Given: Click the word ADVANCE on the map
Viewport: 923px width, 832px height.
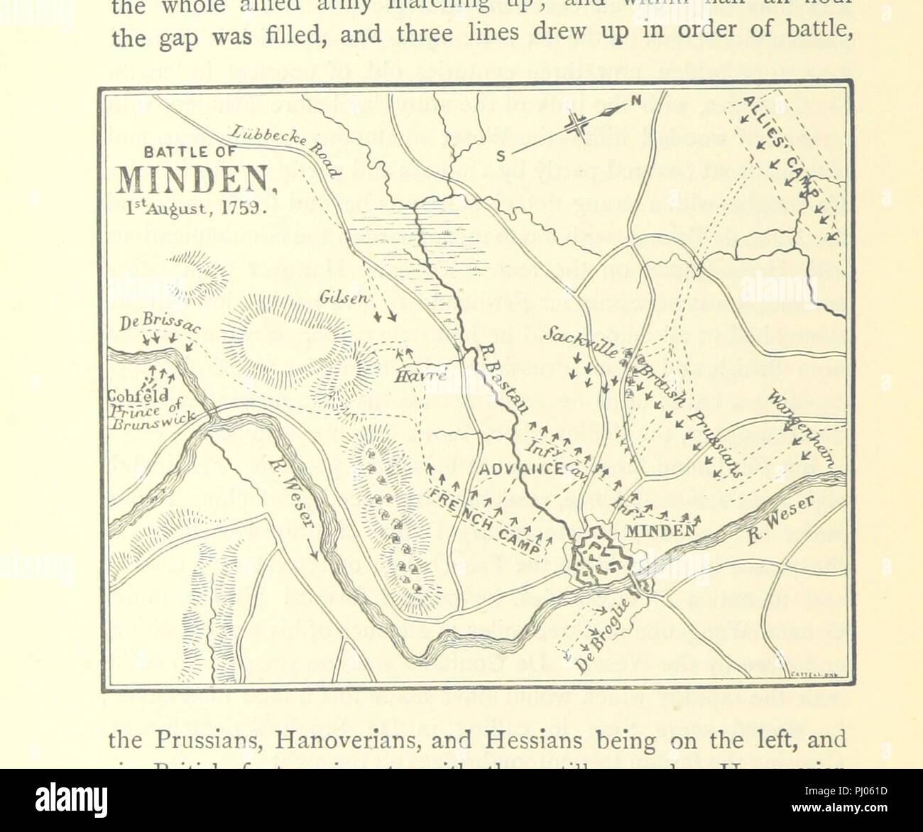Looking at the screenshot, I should (x=511, y=469).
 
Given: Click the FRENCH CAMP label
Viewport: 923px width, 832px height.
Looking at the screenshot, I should (x=486, y=521).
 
